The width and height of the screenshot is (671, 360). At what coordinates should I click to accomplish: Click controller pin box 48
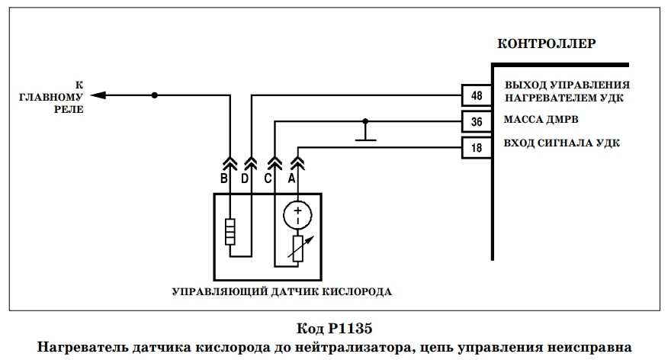point(477,95)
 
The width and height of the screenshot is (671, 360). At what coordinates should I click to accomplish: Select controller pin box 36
point(477,121)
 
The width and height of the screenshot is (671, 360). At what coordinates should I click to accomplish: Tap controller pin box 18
point(477,148)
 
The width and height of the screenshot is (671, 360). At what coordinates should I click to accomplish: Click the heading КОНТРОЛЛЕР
point(547,43)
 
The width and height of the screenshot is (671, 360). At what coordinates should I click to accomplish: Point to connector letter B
point(224,178)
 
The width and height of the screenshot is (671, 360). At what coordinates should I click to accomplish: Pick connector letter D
point(245,178)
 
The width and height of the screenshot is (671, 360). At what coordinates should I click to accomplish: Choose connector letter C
point(268,178)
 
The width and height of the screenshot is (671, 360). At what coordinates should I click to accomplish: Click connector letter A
point(291,178)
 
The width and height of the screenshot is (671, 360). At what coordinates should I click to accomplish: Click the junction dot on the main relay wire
point(155,95)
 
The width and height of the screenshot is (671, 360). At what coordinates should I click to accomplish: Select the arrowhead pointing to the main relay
point(98,95)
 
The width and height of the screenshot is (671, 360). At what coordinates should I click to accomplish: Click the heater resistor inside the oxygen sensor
point(230,232)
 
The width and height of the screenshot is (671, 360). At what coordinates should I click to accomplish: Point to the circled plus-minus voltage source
point(298,215)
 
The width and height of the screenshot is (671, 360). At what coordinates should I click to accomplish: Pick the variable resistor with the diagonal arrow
point(298,249)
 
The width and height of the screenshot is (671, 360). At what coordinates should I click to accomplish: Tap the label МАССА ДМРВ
point(541,120)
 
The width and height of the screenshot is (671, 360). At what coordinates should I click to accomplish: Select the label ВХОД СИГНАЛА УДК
point(561,143)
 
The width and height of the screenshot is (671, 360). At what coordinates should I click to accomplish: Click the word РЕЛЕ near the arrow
point(69,110)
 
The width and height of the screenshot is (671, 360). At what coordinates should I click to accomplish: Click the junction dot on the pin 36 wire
point(365,121)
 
